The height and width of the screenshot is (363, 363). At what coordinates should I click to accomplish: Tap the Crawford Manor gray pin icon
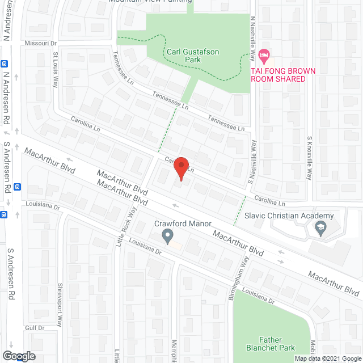click(167, 236)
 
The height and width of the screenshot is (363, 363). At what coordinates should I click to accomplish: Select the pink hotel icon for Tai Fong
click(263, 56)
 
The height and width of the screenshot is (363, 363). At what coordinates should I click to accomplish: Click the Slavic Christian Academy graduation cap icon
click(320, 229)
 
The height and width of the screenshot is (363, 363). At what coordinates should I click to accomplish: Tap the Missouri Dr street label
click(41, 43)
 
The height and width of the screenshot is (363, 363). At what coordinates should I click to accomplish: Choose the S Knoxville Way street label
click(310, 159)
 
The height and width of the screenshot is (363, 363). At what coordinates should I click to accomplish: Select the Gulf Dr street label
click(34, 328)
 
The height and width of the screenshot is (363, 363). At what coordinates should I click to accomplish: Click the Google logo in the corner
click(18, 356)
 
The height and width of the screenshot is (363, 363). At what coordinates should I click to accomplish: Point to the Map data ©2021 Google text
click(327, 358)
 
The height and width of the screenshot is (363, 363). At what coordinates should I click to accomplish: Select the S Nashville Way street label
click(254, 158)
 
